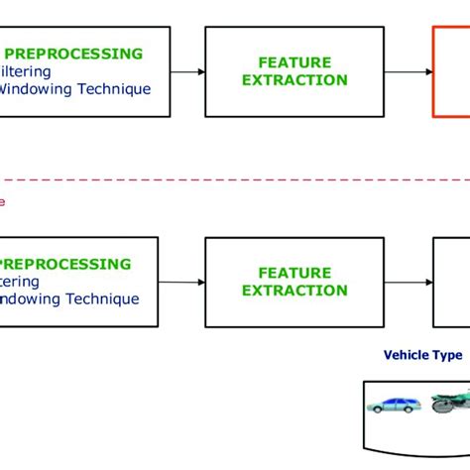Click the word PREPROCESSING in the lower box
(69, 264)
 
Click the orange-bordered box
(452, 71)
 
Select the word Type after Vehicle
(448, 355)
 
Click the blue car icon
(393, 404)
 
